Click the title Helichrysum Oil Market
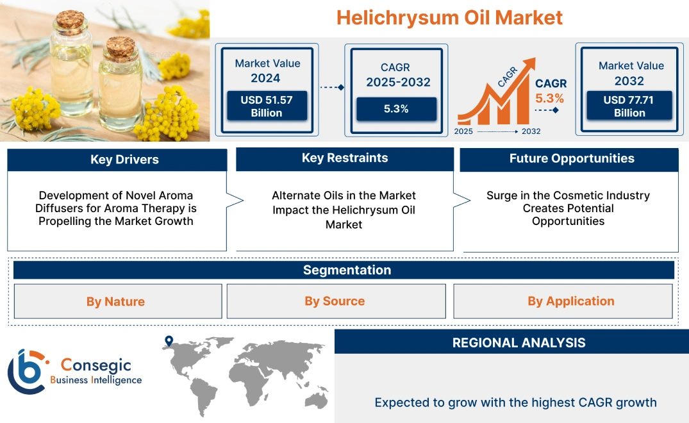click(449, 17)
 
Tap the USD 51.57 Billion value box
click(266, 106)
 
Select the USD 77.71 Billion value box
click(629, 106)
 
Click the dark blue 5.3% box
click(396, 109)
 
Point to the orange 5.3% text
click(550, 98)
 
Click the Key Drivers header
click(124, 160)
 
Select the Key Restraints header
click(345, 158)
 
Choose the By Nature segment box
click(116, 301)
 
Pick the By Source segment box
click(335, 301)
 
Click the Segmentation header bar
click(346, 270)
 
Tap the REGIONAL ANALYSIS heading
click(519, 342)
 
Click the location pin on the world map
click(169, 341)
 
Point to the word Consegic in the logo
click(96, 365)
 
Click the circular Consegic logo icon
click(26, 371)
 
